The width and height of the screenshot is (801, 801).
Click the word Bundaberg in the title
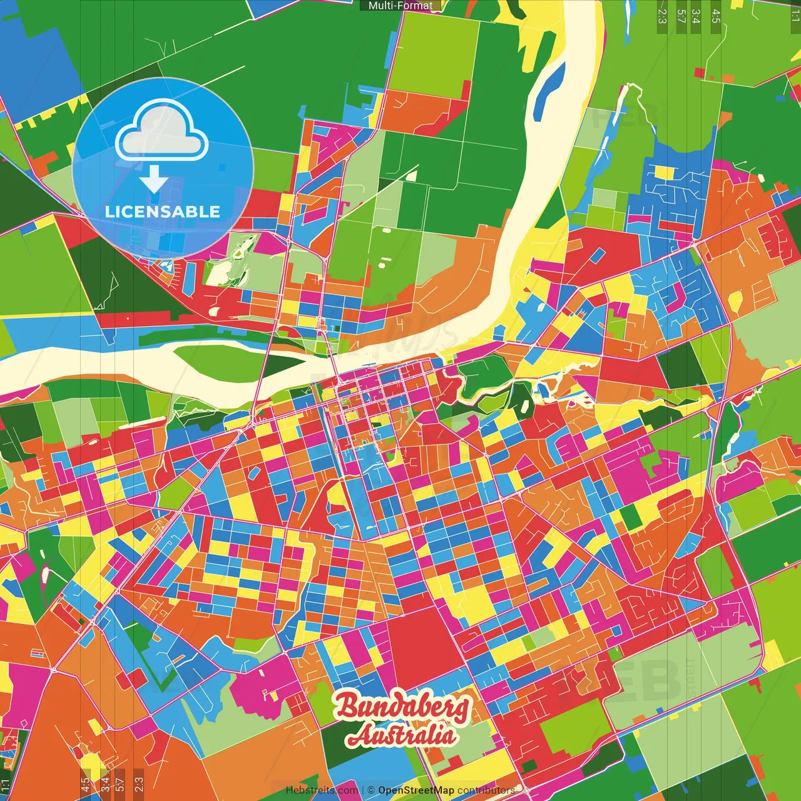(x=402, y=705)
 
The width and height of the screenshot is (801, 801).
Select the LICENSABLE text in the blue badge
(x=163, y=212)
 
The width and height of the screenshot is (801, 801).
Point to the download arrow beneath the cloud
(x=154, y=179)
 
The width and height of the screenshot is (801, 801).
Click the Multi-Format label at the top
(x=400, y=6)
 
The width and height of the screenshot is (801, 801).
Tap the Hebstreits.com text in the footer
(x=322, y=790)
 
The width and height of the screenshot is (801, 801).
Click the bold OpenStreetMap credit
(x=416, y=790)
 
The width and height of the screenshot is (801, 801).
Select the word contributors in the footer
(x=486, y=790)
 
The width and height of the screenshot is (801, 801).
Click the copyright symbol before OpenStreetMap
(x=371, y=790)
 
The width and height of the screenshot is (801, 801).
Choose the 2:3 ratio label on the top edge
(x=662, y=16)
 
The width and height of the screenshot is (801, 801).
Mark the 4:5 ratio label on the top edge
(x=716, y=16)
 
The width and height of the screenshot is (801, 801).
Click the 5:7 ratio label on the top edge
(x=681, y=16)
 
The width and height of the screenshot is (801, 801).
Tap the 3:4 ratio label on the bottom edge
(x=105, y=783)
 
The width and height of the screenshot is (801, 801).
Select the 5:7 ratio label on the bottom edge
(x=120, y=783)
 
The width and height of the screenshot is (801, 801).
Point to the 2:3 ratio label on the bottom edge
(x=139, y=783)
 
